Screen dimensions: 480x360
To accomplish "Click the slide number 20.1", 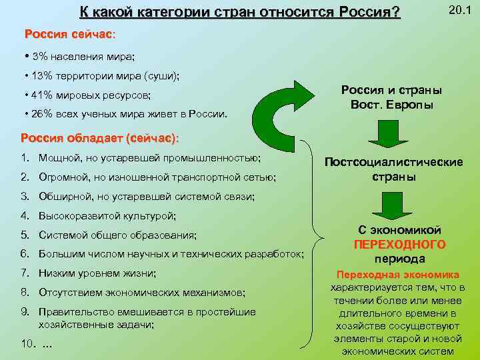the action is click(x=459, y=10).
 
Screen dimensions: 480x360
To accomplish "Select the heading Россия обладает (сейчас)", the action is click(x=99, y=138).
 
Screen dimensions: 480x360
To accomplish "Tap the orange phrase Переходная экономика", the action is click(x=397, y=275).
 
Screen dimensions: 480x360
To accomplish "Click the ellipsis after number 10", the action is click(x=47, y=345).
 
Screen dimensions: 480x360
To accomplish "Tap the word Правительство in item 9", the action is click(x=73, y=311).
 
